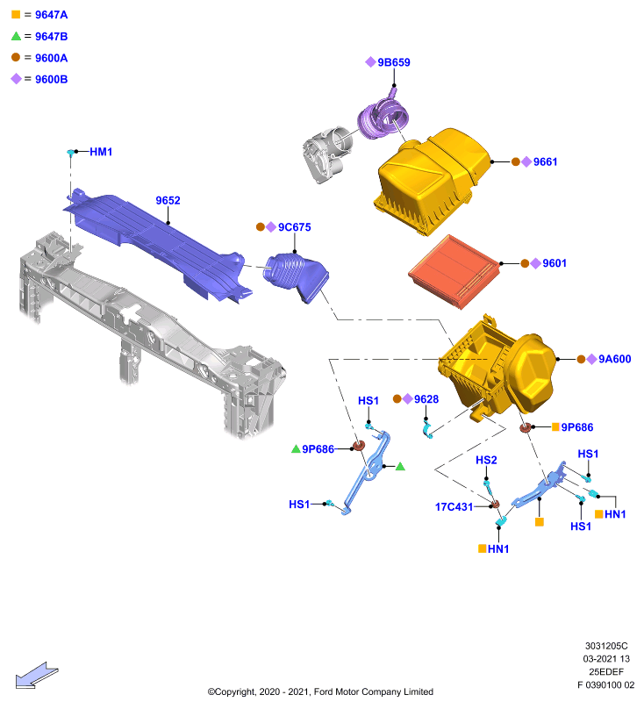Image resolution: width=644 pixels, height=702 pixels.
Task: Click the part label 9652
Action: point(168,200)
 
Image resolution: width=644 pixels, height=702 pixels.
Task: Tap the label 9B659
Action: point(394,62)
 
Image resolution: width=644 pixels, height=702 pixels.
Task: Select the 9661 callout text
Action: point(545,161)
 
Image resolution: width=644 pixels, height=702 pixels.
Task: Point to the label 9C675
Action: point(295,227)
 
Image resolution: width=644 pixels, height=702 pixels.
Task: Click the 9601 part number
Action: point(555,263)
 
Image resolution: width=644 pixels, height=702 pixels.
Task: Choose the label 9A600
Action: point(615,359)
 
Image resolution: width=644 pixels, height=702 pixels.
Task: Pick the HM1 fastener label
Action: point(101,152)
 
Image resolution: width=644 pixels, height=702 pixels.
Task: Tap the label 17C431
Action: point(454,507)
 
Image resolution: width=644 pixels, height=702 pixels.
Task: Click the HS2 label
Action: point(486,460)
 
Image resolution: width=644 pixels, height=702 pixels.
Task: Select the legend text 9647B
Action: point(52,36)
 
